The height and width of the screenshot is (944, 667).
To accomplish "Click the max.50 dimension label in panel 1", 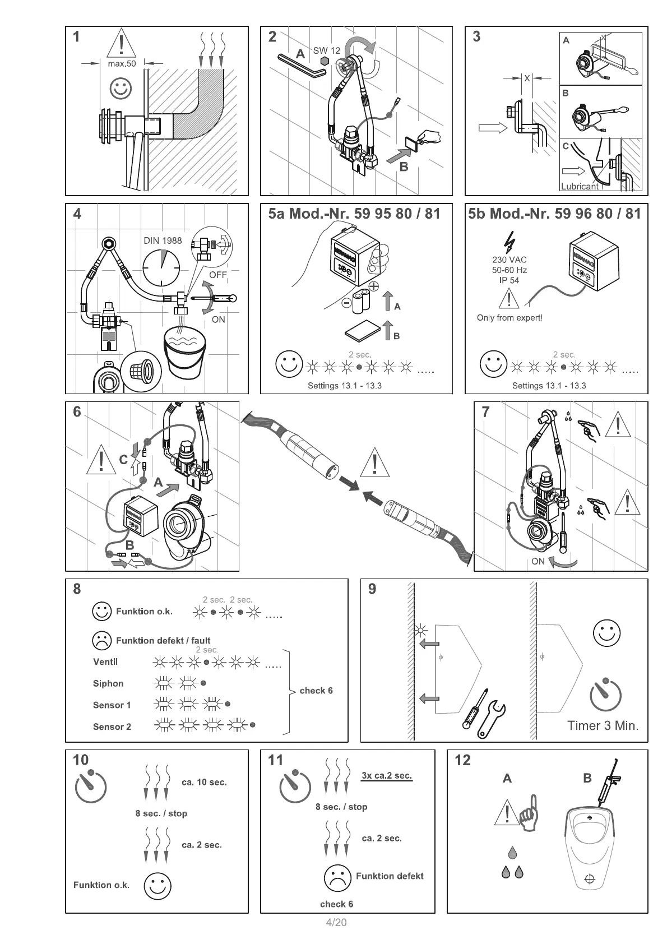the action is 122,64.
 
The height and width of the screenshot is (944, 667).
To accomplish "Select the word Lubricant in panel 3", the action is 580,187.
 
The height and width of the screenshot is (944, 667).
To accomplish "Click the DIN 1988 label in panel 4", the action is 163,240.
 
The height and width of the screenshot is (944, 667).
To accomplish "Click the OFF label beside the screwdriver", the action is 218,275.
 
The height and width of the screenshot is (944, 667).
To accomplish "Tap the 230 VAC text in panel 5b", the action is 509,260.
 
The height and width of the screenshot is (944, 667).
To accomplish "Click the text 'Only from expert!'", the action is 509,318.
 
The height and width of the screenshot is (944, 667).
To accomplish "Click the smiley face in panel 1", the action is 121,88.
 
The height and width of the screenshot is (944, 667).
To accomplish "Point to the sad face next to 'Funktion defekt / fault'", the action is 101,640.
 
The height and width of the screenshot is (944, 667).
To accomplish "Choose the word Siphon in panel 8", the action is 108,683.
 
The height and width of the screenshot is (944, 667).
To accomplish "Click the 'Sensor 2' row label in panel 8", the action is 112,726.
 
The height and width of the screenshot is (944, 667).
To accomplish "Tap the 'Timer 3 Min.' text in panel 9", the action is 603,725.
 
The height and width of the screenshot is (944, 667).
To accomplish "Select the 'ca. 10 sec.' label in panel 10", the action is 204,782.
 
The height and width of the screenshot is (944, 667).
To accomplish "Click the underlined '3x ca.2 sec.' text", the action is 387,776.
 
